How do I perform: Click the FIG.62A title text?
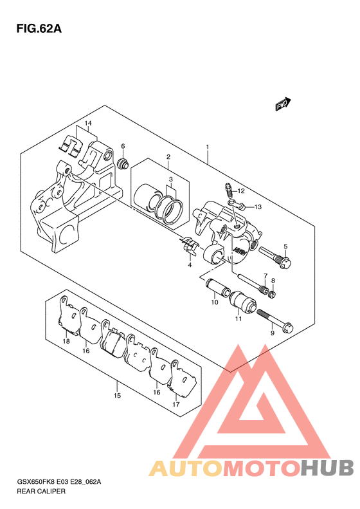click(39, 29)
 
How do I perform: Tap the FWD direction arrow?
click(283, 104)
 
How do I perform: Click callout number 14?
click(88, 124)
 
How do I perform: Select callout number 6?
click(123, 146)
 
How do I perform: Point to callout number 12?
click(240, 191)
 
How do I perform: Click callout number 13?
click(258, 207)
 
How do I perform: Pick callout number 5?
click(285, 246)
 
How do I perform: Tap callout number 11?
click(239, 319)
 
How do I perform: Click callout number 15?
click(118, 395)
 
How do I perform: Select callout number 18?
click(66, 341)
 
